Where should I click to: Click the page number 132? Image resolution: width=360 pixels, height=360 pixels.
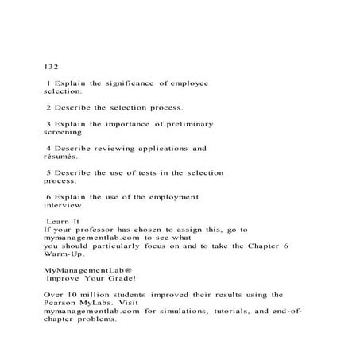click(x=50, y=66)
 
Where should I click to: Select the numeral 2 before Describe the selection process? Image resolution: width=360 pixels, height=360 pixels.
click(x=49, y=106)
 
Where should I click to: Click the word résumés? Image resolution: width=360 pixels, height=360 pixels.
click(x=61, y=157)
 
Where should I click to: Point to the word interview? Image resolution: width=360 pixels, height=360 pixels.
click(x=63, y=204)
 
